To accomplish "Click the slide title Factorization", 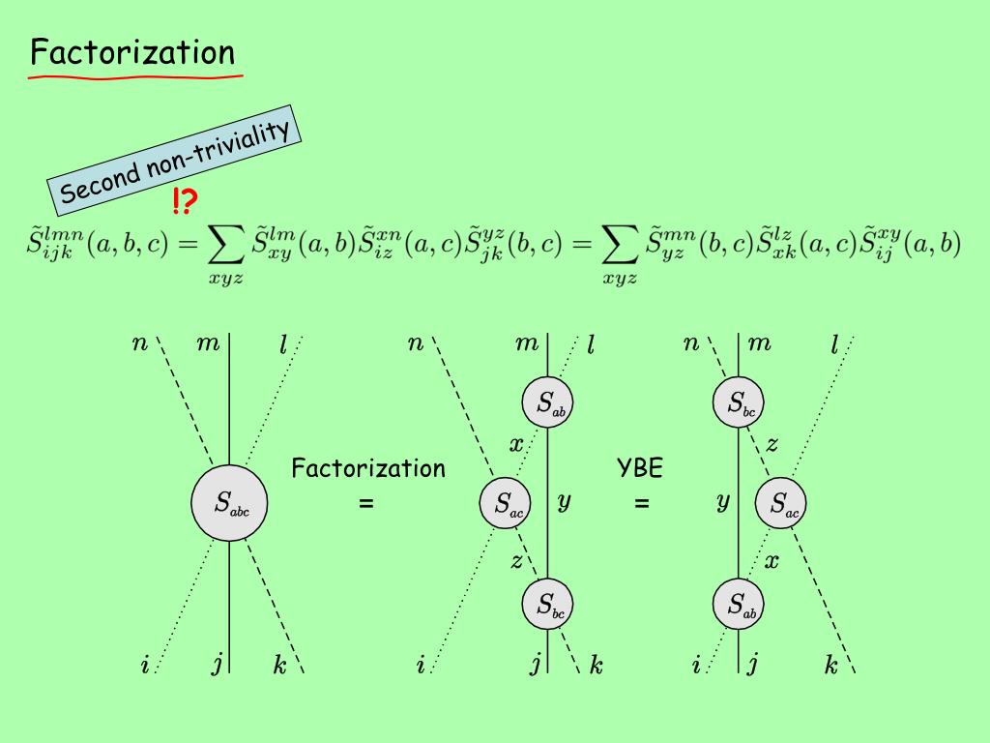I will coord(132,51).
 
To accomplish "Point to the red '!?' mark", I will coord(186,202).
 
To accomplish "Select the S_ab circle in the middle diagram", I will coord(547,402).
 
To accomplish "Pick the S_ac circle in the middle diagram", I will coord(506,503).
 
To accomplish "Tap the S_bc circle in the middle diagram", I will coord(547,604).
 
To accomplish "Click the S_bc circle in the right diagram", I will coord(739,402).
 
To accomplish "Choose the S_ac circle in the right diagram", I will coord(780,503).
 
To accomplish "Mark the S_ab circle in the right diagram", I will coord(739,604).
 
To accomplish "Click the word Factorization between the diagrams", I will coord(368,469).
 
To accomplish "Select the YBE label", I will coord(640,469).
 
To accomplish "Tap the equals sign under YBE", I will coord(642,504).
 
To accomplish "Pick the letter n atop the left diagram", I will coord(138,342).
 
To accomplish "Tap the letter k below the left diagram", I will coord(278,666).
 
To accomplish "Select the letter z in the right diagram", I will coord(771,445).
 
